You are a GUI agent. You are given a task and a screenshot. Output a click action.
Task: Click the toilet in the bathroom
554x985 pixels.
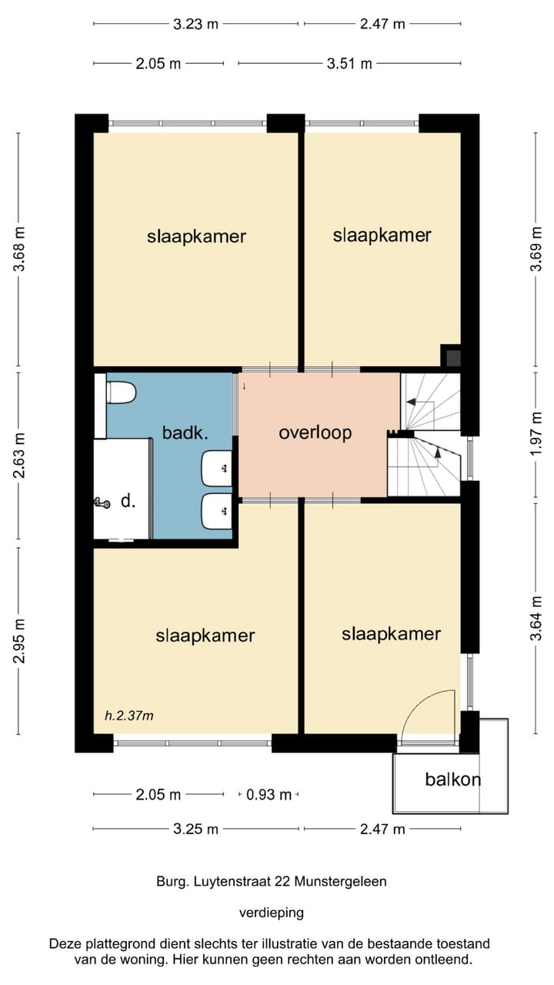(x=121, y=392)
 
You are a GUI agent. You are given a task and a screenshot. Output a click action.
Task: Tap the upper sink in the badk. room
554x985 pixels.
(x=217, y=469)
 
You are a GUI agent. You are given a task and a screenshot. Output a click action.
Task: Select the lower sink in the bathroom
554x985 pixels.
(x=217, y=511)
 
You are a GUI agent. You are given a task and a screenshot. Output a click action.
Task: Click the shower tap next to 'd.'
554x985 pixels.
(x=102, y=503)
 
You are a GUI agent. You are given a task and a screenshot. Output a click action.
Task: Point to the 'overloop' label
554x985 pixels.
(x=315, y=432)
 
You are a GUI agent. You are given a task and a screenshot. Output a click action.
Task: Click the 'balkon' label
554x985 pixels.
(x=452, y=780)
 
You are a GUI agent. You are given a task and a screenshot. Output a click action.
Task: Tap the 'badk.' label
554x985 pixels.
(x=185, y=432)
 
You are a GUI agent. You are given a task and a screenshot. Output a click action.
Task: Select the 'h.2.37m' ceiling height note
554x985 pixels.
(x=128, y=716)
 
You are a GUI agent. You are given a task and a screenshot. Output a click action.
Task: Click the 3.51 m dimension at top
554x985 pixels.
(x=349, y=64)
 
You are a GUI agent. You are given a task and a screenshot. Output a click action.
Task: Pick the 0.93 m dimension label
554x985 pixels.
(x=269, y=795)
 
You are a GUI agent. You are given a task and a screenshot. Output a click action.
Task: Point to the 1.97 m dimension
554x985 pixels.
(x=536, y=434)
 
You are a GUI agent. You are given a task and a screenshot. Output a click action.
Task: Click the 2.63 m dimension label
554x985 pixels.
(x=19, y=455)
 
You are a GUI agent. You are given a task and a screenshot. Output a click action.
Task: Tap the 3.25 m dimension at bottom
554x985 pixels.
(x=195, y=830)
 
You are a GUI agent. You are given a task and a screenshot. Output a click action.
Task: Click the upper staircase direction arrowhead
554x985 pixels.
(x=411, y=401)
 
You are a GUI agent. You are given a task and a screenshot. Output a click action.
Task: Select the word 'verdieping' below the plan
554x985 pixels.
(x=272, y=913)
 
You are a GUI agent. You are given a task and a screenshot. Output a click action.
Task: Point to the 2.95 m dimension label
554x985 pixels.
(x=19, y=641)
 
